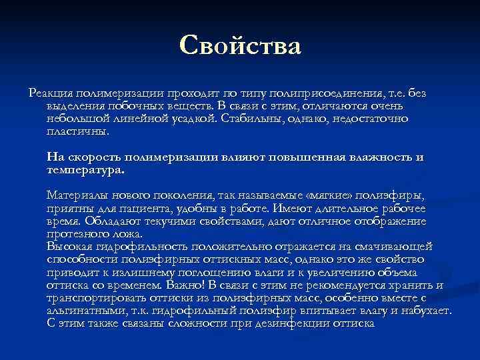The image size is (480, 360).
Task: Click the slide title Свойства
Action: pyautogui.click(x=240, y=47)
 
